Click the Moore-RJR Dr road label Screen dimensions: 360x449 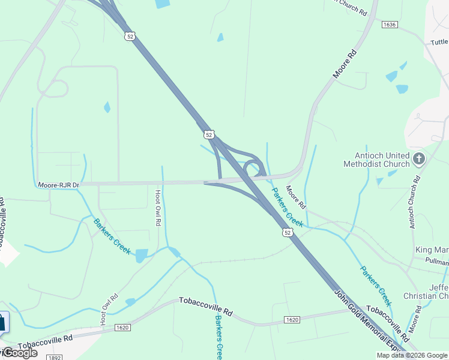pyautogui.click(x=59, y=185)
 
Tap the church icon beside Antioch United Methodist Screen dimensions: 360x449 pyautogui.click(x=419, y=159)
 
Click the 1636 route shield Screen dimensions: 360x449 pyautogui.click(x=390, y=24)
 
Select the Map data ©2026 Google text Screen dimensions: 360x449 pyautogui.click(x=412, y=355)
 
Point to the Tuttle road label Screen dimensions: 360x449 pyautogui.click(x=439, y=43)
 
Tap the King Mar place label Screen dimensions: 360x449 pyautogui.click(x=432, y=250)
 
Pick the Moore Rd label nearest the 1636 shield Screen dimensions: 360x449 pyautogui.click(x=345, y=64)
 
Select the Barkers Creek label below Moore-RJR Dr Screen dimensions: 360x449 pyautogui.click(x=112, y=236)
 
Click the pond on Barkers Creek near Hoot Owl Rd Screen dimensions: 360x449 pyautogui.click(x=142, y=256)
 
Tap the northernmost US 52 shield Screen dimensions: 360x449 pyautogui.click(x=130, y=37)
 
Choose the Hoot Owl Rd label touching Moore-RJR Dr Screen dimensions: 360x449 pyautogui.click(x=158, y=208)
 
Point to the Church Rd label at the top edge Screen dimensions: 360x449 pyautogui.click(x=348, y=7)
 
